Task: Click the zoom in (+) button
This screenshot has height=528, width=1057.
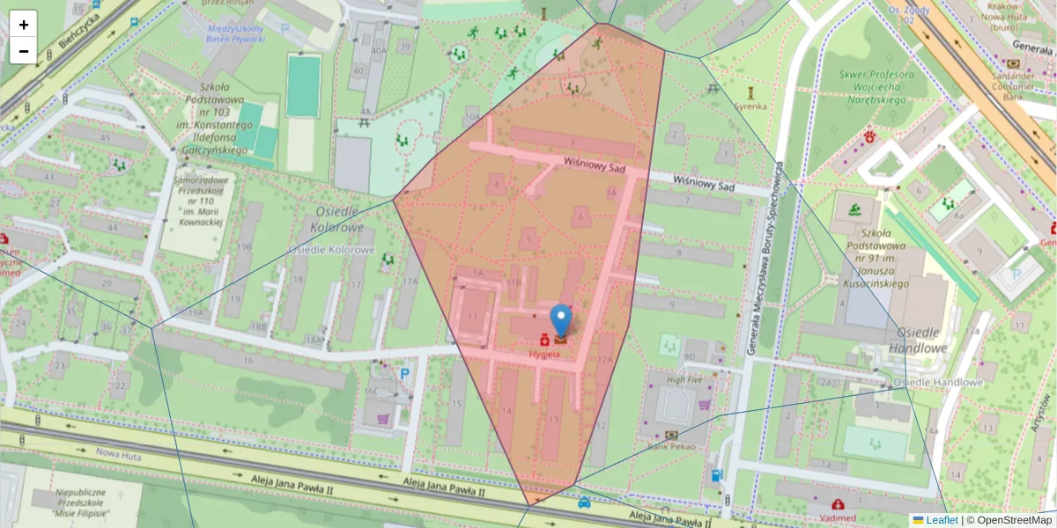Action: [24, 25]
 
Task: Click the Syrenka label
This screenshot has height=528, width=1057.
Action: [750, 106]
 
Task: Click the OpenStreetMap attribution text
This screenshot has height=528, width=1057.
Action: [1009, 520]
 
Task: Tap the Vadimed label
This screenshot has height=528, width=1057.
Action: [837, 518]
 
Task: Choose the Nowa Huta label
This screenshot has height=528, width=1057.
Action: [119, 453]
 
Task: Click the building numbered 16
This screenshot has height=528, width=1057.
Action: [248, 361]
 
